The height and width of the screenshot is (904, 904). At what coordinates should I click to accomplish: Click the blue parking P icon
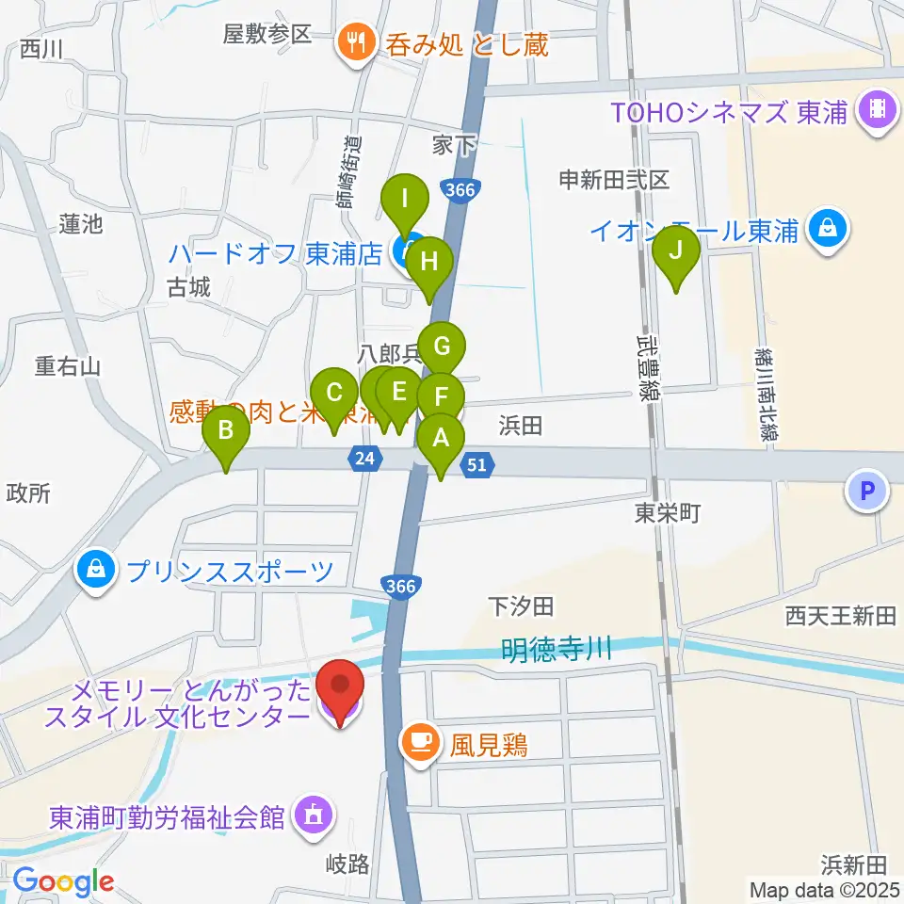point(867,491)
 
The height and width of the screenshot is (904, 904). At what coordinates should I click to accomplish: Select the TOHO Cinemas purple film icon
point(877,113)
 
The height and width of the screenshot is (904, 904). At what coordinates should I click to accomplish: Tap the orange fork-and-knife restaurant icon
point(355,43)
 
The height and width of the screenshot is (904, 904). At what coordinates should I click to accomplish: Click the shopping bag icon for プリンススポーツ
point(98,569)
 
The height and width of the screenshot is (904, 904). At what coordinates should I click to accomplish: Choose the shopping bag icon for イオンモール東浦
point(827,229)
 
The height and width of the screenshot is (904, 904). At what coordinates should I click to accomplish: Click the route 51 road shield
point(477,462)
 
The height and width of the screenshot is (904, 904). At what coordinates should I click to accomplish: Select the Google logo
point(64,881)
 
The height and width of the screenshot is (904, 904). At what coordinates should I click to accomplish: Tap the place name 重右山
point(68,365)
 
